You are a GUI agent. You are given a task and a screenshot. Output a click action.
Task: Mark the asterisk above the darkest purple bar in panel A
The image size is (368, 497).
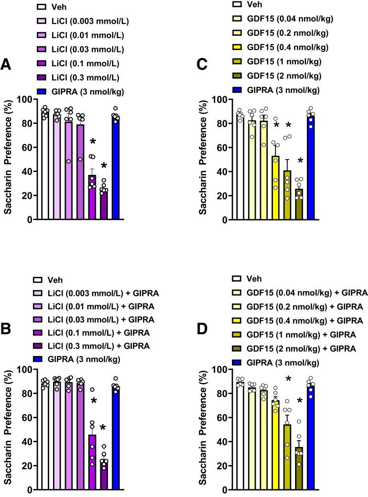[103, 167]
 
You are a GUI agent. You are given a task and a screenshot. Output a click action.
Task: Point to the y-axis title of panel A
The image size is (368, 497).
[9, 160]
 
